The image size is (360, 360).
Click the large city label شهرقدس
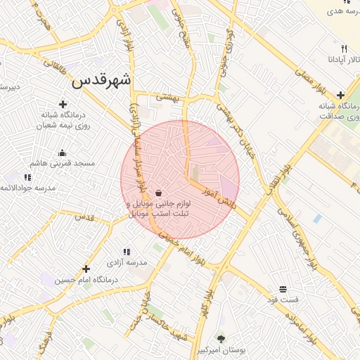tap(101, 80)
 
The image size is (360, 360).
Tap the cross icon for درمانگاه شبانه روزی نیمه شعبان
tap(63, 104)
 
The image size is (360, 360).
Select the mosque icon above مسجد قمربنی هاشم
tap(62, 153)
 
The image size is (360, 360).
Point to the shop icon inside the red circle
tap(159, 193)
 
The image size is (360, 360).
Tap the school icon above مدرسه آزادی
tap(127, 252)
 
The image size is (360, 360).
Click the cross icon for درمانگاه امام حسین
tap(86, 269)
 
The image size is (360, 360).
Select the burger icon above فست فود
tap(283, 289)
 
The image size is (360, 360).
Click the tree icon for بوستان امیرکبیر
tap(221, 338)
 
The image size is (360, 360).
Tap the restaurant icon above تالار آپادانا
tap(344, 49)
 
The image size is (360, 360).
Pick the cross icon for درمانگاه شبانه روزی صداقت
tap(341, 95)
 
